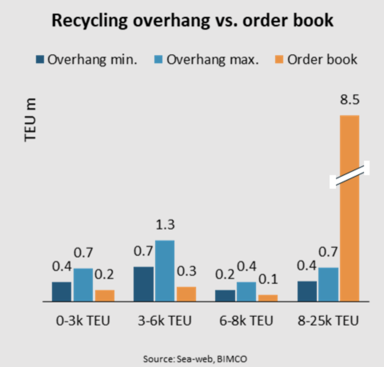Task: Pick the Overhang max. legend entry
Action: [207, 60]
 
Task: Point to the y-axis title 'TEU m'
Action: [30, 119]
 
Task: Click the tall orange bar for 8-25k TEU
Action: [349, 240]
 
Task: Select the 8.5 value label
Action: [350, 100]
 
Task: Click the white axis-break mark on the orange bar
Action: [349, 174]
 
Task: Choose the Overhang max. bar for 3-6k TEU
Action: [164, 271]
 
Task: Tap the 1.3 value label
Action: [165, 225]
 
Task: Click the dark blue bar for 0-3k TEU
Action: [62, 291]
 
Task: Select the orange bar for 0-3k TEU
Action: [104, 295]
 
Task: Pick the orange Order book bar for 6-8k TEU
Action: [268, 298]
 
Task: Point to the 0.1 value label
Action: [268, 279]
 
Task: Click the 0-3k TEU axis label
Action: [83, 321]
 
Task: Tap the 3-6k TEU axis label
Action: [165, 321]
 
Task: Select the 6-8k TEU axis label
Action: [246, 321]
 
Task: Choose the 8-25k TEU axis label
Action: [328, 321]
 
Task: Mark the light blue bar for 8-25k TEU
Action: [328, 284]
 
